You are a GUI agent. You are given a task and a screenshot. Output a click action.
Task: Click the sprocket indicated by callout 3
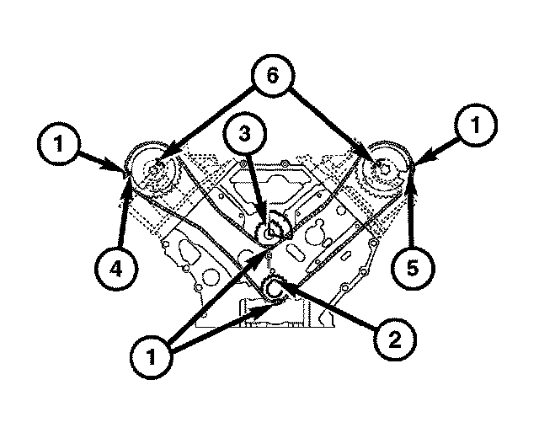(x=272, y=230)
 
